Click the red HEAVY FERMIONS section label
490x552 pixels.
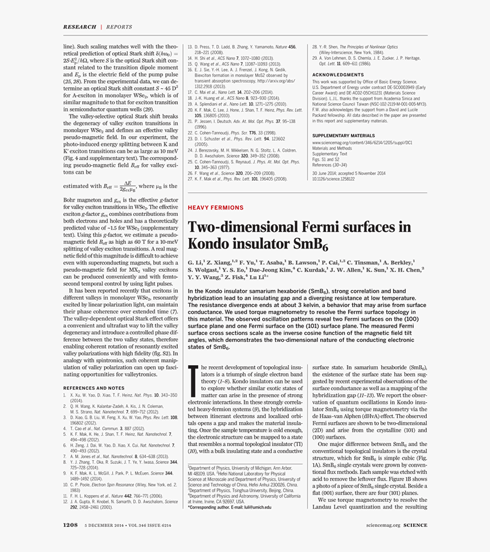coord(215,208)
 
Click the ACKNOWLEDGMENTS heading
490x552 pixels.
coord(338,75)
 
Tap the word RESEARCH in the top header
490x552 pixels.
coord(79,27)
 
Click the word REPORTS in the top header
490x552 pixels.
coord(119,27)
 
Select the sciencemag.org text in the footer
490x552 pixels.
coord(383,525)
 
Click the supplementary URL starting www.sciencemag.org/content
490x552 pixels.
coord(358,142)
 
